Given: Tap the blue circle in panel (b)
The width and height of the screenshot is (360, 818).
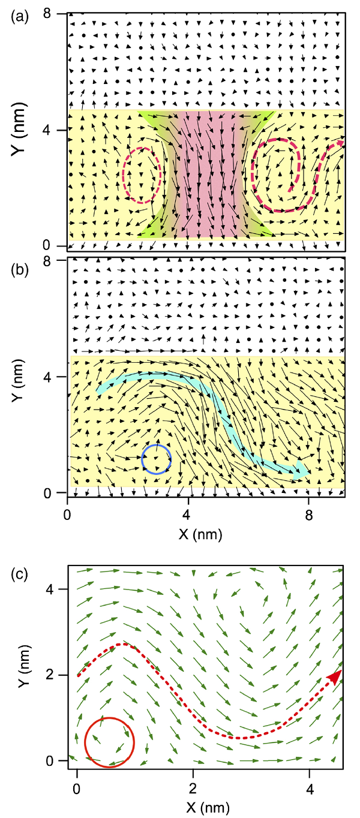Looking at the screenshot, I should click(x=157, y=459).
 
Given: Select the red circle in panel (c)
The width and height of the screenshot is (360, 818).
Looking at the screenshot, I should click(x=109, y=742).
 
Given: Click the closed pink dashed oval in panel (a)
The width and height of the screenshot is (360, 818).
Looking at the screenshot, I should click(x=142, y=175).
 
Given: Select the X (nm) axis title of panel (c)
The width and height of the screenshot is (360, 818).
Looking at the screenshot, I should click(x=193, y=801).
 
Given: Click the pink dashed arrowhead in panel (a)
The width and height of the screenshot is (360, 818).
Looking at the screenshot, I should click(x=339, y=143).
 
